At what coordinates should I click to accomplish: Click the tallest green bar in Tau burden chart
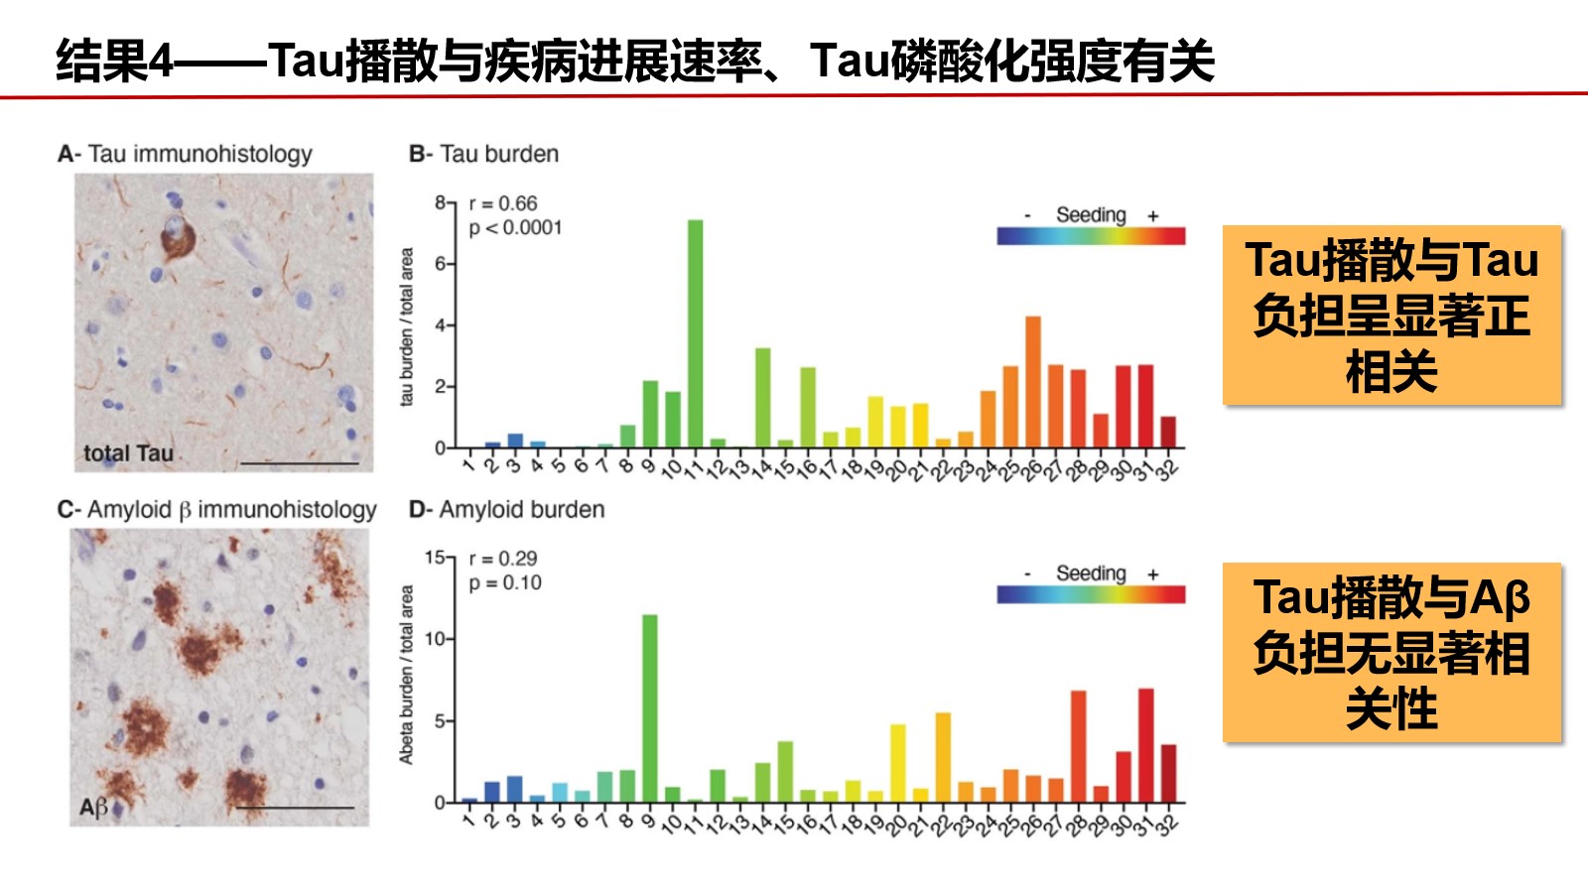click(695, 333)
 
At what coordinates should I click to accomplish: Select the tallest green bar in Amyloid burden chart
click(650, 708)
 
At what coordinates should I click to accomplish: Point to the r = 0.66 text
click(503, 203)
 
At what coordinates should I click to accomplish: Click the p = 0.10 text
click(505, 582)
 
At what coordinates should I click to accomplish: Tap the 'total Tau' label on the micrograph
click(128, 453)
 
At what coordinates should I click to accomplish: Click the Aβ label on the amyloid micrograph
click(93, 808)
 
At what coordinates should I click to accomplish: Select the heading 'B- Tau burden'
click(483, 154)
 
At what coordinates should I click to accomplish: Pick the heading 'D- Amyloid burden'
click(506, 509)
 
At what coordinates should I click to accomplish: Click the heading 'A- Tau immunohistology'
click(185, 154)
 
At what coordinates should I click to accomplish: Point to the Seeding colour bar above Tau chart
click(1091, 236)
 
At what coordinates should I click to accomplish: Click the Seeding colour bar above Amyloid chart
click(1091, 594)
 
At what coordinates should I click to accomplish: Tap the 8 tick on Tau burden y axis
click(440, 202)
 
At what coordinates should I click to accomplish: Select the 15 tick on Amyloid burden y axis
click(435, 558)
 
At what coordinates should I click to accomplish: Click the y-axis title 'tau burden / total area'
click(407, 326)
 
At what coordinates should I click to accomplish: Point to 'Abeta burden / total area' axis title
click(407, 675)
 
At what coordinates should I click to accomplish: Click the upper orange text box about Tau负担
click(1391, 316)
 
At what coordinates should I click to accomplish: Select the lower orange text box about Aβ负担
click(1391, 653)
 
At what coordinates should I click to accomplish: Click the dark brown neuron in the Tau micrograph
click(177, 237)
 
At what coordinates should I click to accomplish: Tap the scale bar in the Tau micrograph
click(299, 462)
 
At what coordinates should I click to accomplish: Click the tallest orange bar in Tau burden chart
click(1033, 382)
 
